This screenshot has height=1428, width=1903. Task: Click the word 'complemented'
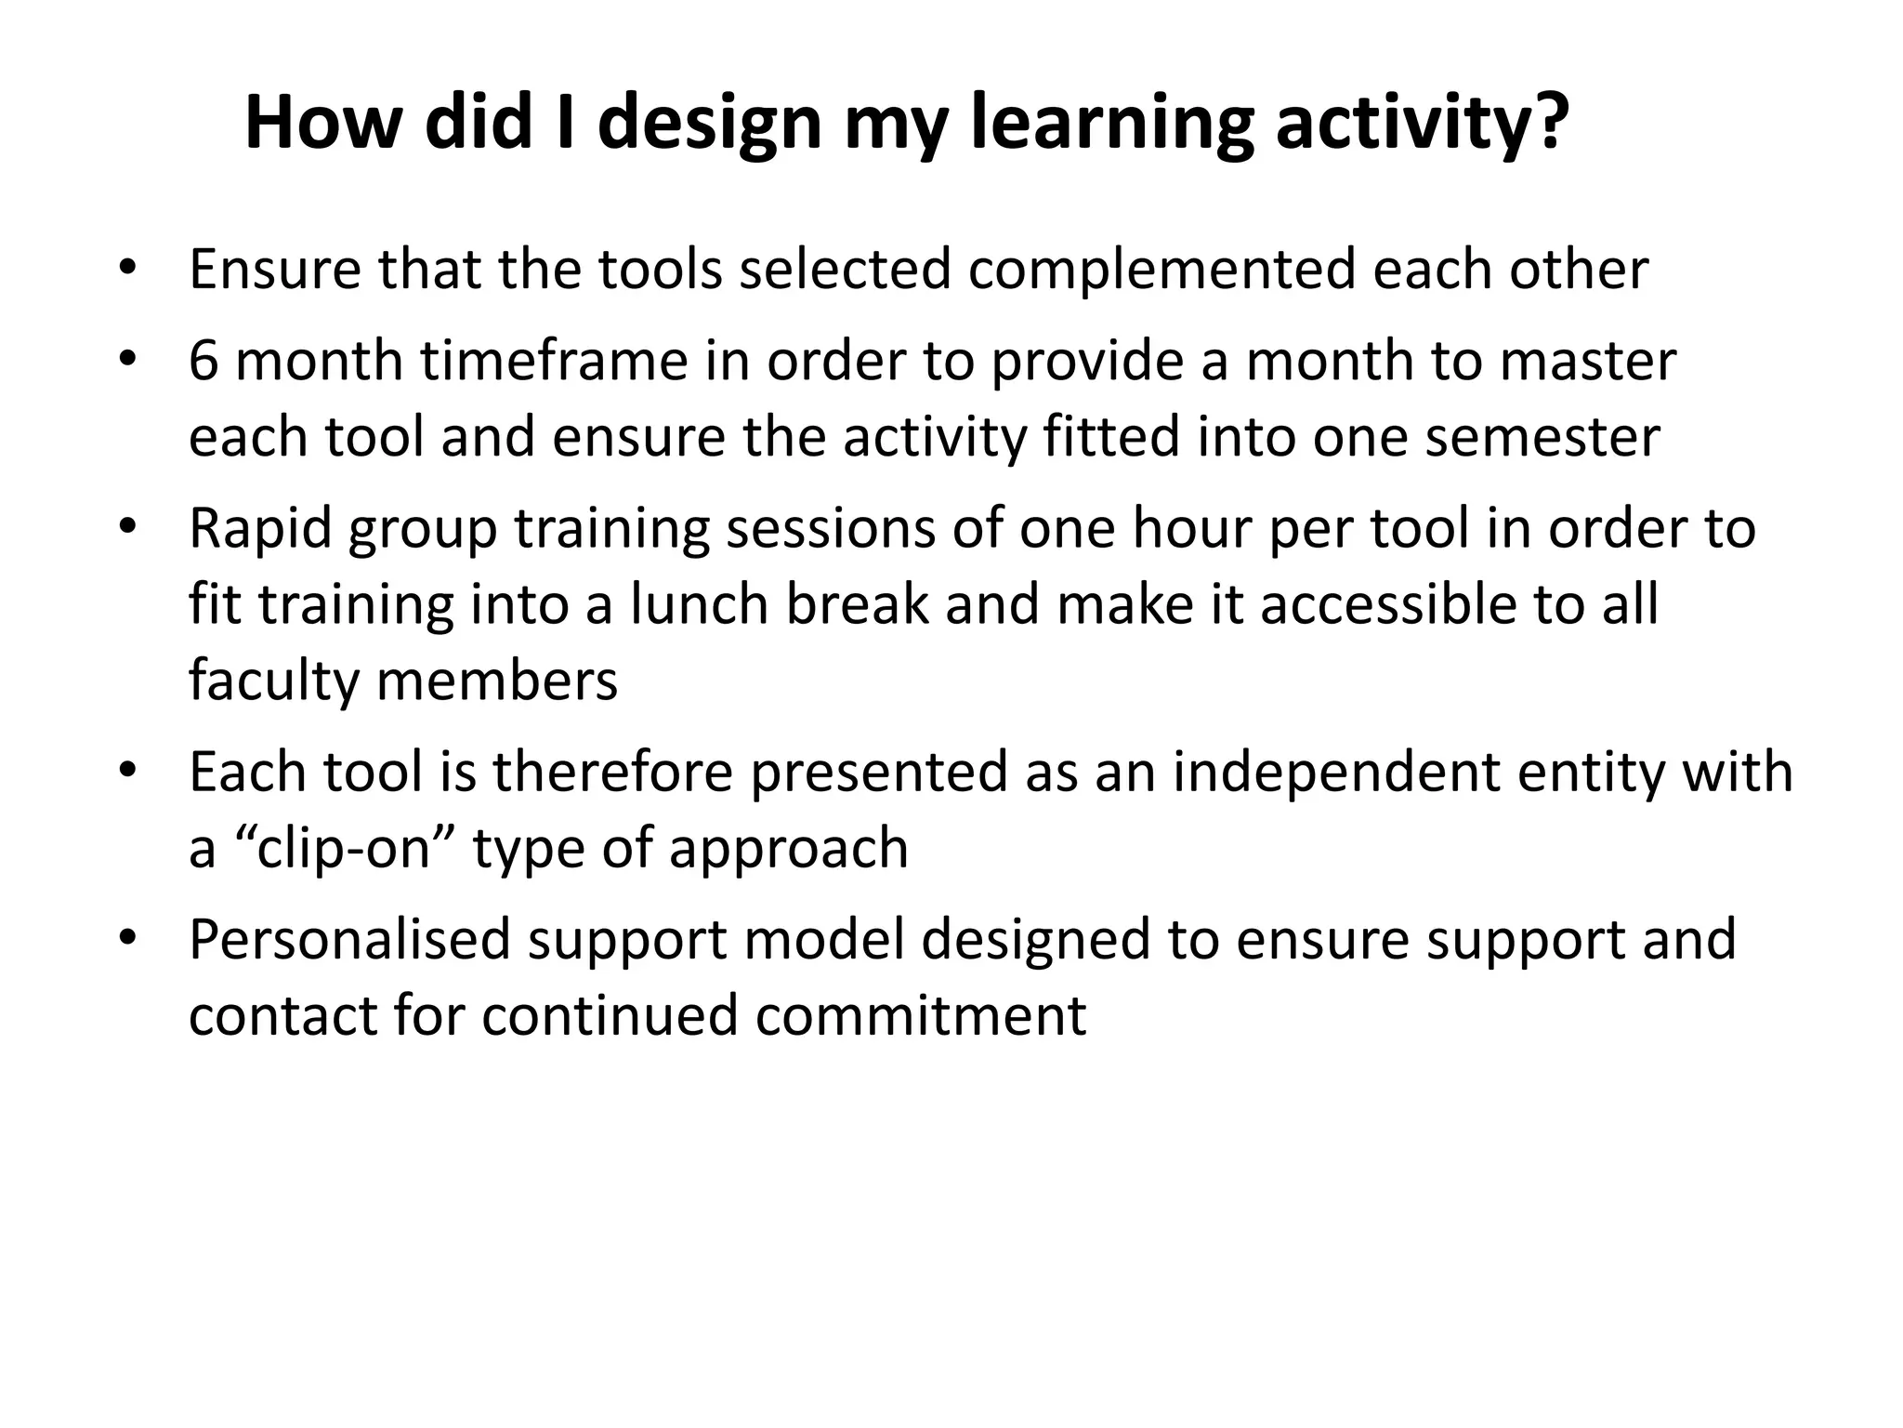click(1161, 270)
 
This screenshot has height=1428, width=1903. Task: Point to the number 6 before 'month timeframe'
click(203, 361)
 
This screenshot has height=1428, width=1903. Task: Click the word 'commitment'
click(920, 1015)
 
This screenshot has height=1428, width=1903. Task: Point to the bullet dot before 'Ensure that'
click(127, 270)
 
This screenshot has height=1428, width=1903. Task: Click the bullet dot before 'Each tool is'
click(127, 772)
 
